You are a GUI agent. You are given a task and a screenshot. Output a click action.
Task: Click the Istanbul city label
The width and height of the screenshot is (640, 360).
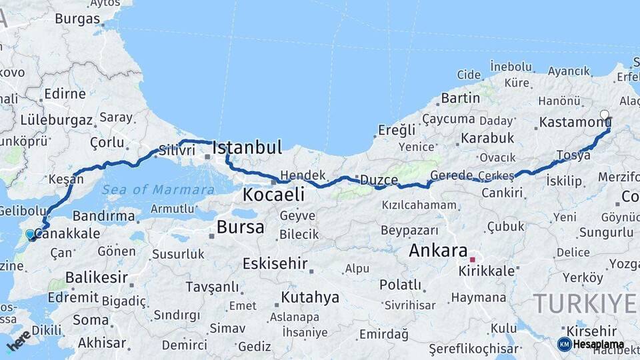point(247,147)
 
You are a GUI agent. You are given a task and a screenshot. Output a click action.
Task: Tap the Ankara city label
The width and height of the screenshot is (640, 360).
point(437,251)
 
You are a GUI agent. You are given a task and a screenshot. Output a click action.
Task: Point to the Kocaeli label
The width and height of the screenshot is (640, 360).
point(273,195)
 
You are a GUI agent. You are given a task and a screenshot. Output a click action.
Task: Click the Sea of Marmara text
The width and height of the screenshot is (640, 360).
point(158,190)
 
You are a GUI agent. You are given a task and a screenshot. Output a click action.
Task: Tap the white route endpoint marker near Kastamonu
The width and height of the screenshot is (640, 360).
point(605,115)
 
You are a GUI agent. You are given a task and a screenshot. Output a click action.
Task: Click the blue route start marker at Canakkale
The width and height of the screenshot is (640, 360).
point(30,235)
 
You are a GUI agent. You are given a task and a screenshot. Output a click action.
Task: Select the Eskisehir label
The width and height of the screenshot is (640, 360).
point(274,263)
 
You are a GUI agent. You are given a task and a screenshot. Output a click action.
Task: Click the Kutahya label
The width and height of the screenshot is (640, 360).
point(309,297)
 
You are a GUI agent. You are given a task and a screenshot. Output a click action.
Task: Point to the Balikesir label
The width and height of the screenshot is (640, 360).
point(96,278)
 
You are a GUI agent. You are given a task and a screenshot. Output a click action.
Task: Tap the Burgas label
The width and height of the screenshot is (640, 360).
point(77,19)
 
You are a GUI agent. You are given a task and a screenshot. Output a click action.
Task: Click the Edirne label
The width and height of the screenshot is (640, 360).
point(65,94)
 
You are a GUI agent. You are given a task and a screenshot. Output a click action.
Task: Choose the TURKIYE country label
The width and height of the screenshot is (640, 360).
point(585,303)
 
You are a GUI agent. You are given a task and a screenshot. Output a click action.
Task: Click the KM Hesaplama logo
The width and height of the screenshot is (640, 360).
point(591,344)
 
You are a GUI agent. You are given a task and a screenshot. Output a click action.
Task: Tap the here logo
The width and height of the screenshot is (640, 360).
point(18,341)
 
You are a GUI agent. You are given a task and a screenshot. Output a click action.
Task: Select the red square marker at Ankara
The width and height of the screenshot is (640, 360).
point(473,260)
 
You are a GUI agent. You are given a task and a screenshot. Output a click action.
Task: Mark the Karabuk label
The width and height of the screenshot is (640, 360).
point(486,138)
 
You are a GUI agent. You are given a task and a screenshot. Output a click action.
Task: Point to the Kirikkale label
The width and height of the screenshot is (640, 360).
point(487,271)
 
